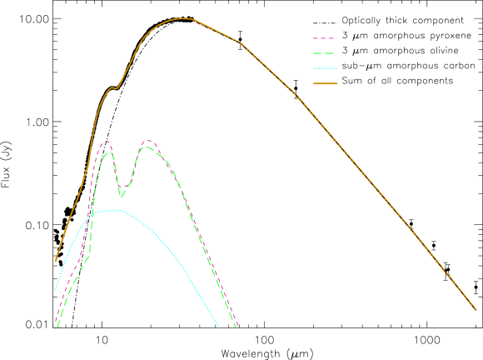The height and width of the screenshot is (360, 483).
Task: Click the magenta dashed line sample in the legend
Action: (x=325, y=38)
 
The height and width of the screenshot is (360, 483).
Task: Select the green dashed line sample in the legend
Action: (x=325, y=53)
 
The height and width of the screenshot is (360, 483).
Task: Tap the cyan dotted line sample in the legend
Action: (x=325, y=68)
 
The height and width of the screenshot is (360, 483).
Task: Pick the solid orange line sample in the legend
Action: (x=325, y=83)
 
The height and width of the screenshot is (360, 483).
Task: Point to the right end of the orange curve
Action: (x=476, y=309)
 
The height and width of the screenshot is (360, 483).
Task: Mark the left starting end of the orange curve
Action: (x=56, y=261)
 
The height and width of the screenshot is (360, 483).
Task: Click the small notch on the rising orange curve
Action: (x=115, y=87)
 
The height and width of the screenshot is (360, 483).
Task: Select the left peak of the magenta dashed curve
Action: (x=106, y=142)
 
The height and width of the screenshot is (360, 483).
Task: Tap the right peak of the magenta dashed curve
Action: (x=148, y=141)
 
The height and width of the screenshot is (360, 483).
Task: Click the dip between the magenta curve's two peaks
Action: (x=122, y=187)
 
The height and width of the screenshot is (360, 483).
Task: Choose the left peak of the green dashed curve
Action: (x=107, y=152)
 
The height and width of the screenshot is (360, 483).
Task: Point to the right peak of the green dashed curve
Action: (x=146, y=147)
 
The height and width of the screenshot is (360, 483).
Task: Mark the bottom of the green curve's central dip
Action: (x=122, y=196)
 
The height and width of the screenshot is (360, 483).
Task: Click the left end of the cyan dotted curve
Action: (x=56, y=288)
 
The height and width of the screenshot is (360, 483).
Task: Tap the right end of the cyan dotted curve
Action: (x=219, y=327)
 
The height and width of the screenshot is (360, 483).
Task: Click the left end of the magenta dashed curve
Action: (x=56, y=320)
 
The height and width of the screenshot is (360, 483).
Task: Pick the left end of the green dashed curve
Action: (x=57, y=327)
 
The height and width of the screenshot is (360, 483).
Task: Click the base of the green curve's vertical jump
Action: (x=89, y=254)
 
